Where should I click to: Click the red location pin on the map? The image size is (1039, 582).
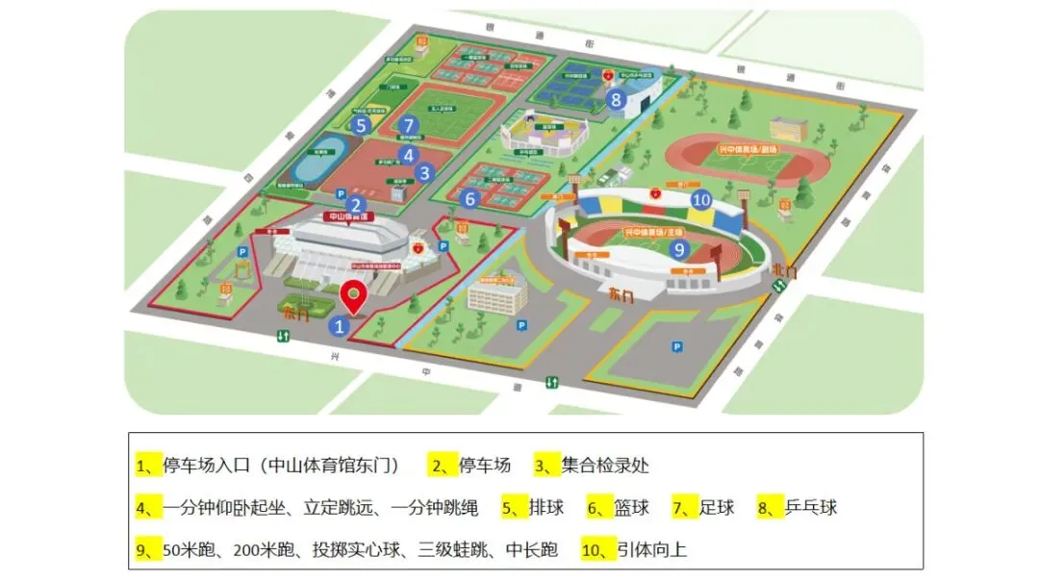click(x=355, y=296)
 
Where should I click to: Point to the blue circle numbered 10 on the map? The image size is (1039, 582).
click(x=701, y=200)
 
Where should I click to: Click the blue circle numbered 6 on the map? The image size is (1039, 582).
click(x=469, y=199)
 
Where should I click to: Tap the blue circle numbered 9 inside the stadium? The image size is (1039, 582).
click(x=678, y=249)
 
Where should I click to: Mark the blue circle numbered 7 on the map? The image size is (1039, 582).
click(x=409, y=125)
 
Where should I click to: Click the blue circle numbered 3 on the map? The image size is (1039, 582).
click(x=424, y=173)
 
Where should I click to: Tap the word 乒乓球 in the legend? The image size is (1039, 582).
click(x=811, y=507)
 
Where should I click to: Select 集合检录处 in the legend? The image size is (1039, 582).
click(x=605, y=466)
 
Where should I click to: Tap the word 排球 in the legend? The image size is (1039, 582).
click(x=546, y=507)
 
